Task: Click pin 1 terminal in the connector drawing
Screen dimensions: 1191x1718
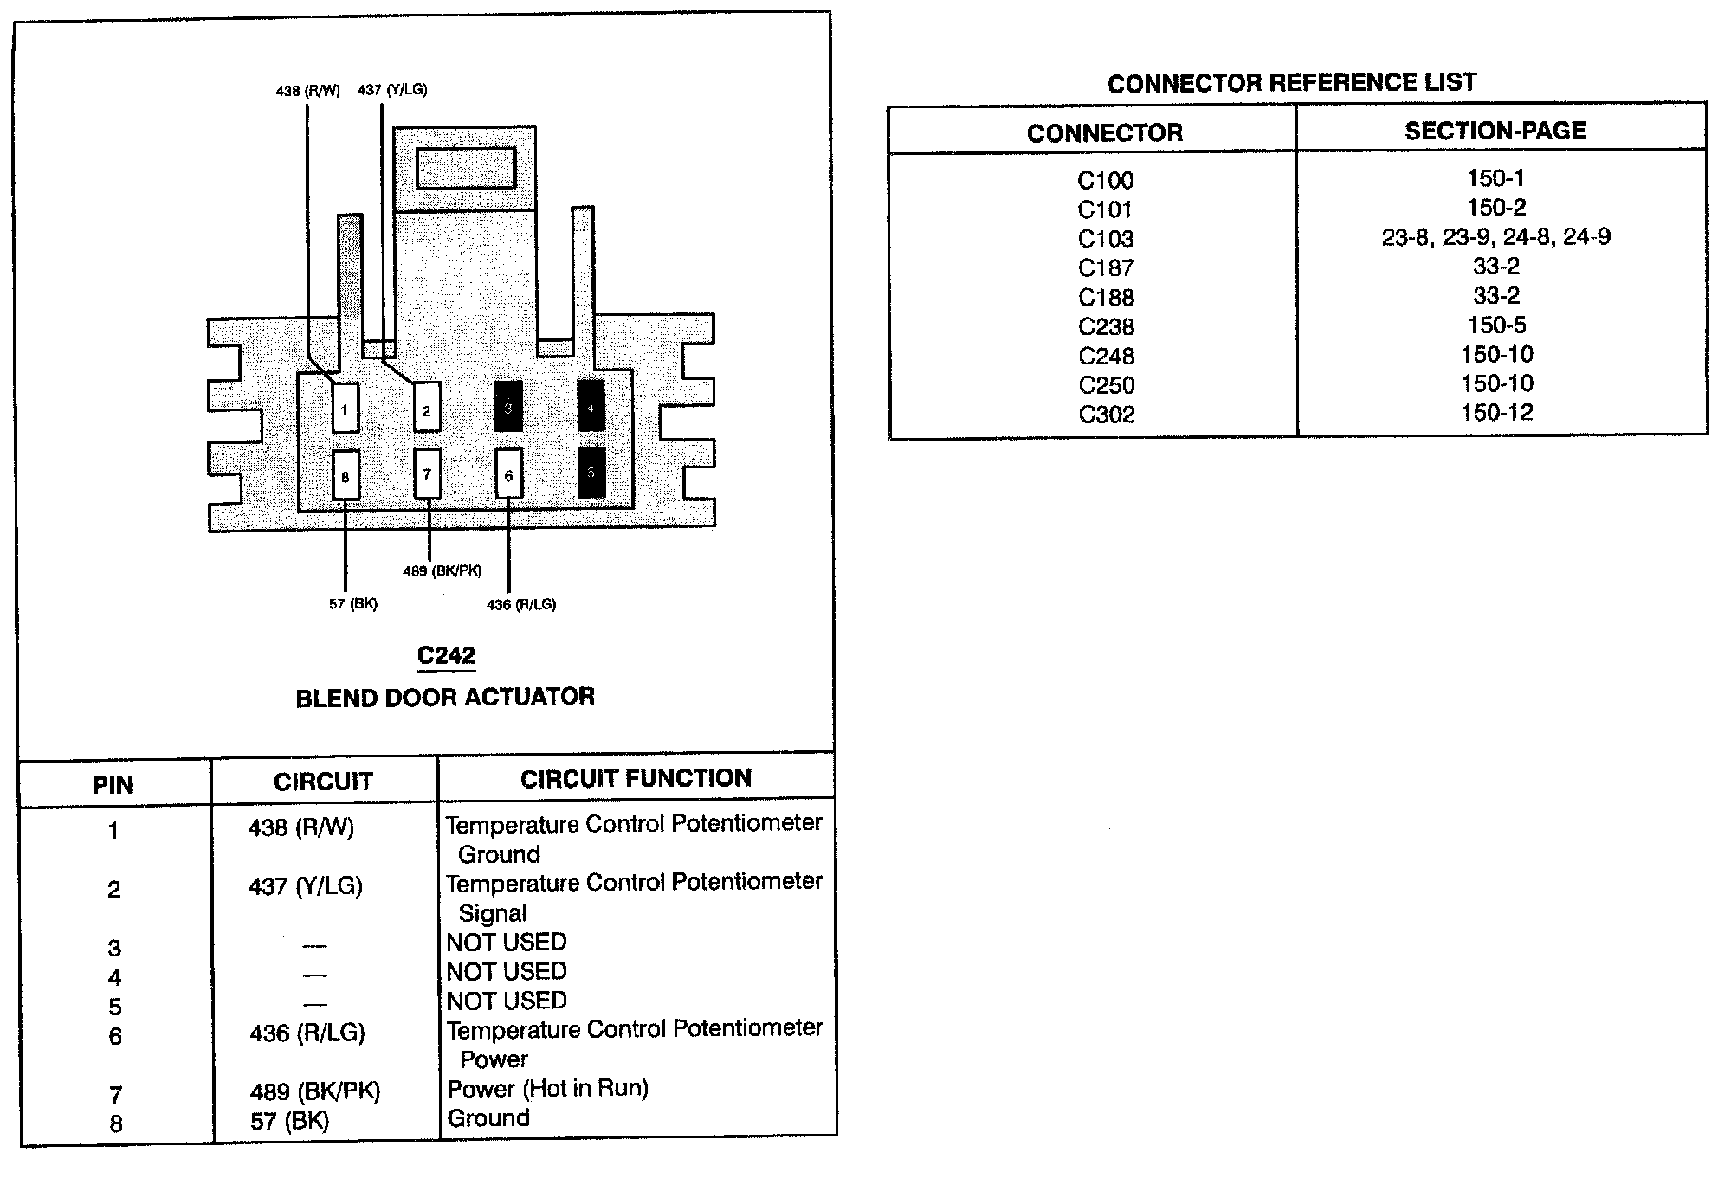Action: click(345, 409)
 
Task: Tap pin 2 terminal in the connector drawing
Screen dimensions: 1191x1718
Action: click(426, 409)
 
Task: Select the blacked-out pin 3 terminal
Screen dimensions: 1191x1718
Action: click(508, 407)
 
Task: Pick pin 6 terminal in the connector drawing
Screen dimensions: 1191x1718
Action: click(508, 474)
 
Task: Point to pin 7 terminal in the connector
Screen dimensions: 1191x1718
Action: click(427, 473)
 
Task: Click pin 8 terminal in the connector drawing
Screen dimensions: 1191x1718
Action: click(346, 476)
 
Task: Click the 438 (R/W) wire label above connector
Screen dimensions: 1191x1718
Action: click(307, 91)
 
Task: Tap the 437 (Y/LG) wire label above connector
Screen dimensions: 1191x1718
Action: click(391, 90)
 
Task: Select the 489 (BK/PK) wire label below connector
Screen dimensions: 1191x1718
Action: click(442, 571)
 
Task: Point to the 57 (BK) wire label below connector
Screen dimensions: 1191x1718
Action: click(352, 604)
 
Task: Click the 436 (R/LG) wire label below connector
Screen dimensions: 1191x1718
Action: click(521, 605)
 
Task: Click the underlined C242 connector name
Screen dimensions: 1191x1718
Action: click(446, 656)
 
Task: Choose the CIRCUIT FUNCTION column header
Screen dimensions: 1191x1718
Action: click(636, 779)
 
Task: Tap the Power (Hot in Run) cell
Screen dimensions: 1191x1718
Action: click(547, 1089)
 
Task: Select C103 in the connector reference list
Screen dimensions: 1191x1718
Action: click(1106, 240)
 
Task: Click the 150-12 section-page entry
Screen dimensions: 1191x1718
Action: click(1496, 413)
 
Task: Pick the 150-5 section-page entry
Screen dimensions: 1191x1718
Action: click(1496, 325)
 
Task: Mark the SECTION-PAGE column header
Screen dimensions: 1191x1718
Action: click(1495, 132)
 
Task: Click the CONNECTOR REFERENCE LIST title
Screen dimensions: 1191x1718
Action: click(1291, 83)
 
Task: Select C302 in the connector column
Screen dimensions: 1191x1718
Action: click(1106, 415)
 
